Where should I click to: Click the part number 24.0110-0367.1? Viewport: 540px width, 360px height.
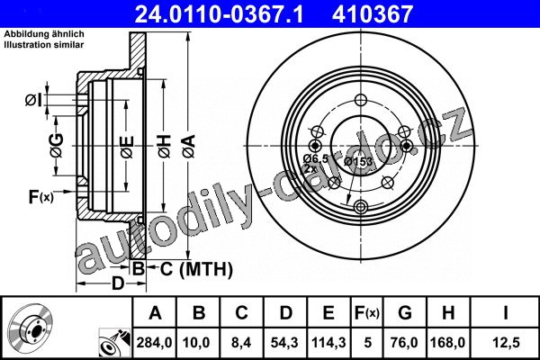tap(219, 14)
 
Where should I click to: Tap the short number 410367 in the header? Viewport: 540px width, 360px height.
tap(373, 14)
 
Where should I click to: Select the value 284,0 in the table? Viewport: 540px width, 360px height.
tap(154, 343)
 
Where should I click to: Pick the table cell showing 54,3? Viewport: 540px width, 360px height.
tap(284, 343)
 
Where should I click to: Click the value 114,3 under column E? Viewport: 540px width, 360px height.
tap(328, 343)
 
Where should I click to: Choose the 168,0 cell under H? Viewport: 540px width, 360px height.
tap(447, 343)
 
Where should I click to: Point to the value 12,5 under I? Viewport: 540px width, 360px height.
tap(506, 343)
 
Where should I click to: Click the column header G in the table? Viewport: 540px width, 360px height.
tap(405, 313)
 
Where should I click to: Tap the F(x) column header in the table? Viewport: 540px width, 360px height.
tap(367, 313)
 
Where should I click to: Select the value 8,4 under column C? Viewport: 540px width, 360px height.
tap(241, 343)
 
